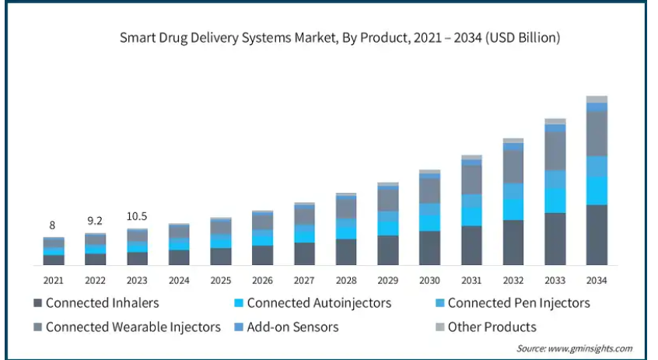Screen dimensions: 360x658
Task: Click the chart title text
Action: [340, 37]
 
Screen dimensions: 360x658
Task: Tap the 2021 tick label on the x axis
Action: [54, 280]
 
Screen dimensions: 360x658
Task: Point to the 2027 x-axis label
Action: [304, 280]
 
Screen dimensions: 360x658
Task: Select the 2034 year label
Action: [597, 280]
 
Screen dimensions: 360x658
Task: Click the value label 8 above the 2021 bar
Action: [54, 226]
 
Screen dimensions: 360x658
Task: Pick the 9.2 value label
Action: [95, 221]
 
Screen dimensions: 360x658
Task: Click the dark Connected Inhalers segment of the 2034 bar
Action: [597, 235]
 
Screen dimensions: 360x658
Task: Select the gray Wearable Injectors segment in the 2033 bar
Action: [555, 151]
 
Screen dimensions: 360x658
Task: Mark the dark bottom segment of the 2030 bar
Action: [429, 248]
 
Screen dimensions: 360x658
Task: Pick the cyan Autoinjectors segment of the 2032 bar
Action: [513, 209]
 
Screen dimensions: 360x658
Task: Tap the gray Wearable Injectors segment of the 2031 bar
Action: [471, 179]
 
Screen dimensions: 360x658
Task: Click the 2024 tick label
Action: [179, 280]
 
